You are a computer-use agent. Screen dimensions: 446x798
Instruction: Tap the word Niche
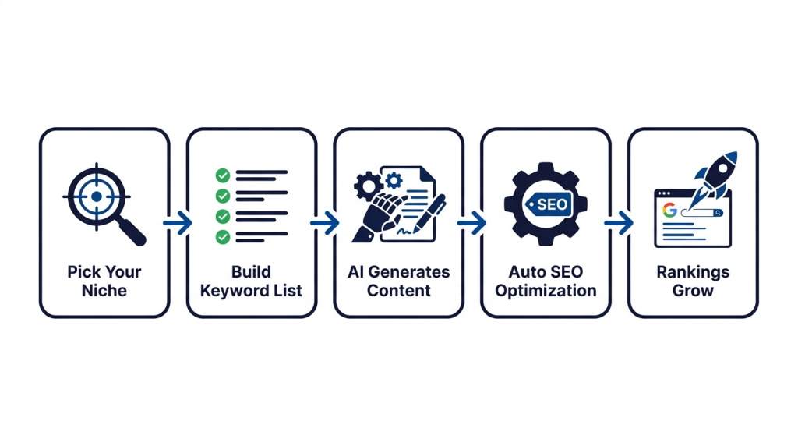click(104, 291)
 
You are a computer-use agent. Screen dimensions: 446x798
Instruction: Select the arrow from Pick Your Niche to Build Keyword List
click(178, 224)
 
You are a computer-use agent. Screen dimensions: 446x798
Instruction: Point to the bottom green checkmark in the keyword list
click(222, 236)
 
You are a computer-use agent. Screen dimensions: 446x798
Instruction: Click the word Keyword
click(231, 291)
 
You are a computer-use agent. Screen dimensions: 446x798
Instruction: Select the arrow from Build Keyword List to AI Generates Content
click(325, 224)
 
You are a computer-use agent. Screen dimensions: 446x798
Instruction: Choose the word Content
click(399, 291)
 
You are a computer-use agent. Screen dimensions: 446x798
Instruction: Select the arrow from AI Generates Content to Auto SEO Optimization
click(472, 224)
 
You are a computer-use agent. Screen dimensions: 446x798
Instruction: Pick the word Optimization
click(546, 291)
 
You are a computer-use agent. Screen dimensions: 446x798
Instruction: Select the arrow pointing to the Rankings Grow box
click(620, 224)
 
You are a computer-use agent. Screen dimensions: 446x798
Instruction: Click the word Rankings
click(693, 272)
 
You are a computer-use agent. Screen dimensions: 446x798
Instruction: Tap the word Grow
click(693, 291)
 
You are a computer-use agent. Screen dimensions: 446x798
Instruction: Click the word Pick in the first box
click(83, 272)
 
